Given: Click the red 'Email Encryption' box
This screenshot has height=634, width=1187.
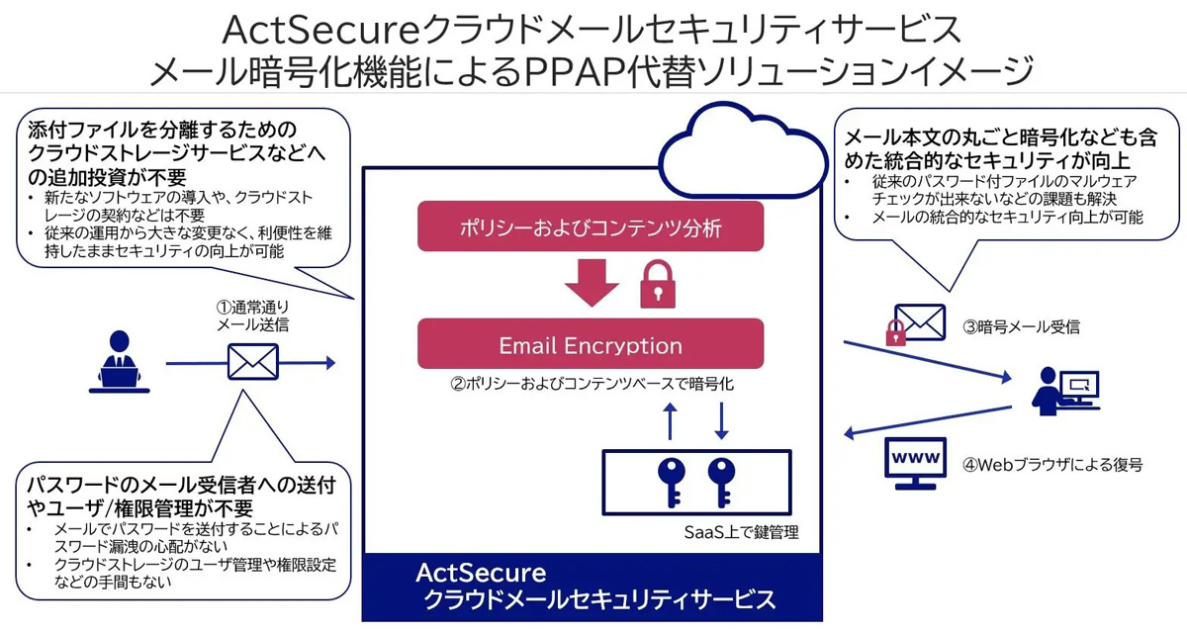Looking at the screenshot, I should (591, 344).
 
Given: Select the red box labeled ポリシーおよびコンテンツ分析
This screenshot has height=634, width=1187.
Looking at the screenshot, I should (591, 226).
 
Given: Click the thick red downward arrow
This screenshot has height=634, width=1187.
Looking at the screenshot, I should (591, 284).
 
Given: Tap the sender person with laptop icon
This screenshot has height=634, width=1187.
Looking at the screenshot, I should (124, 365).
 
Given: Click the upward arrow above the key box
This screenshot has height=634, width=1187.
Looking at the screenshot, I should (671, 419).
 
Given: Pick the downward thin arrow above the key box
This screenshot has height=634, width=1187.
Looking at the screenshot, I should (722, 419).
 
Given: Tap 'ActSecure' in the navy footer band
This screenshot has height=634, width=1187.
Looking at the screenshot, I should (481, 573).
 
